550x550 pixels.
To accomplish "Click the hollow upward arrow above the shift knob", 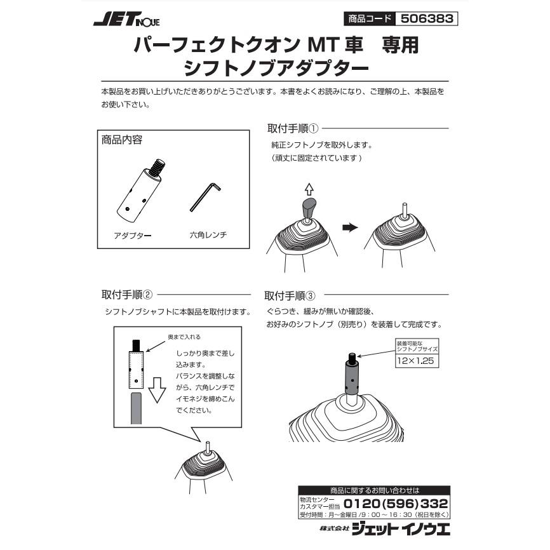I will [309, 188].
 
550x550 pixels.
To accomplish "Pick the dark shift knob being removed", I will [309, 207].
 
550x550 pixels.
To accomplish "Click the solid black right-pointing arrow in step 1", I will [351, 227].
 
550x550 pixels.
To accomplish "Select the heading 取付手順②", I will [127, 295].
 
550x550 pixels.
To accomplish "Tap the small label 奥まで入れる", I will [184, 337].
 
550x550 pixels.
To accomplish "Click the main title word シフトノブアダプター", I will [275, 67].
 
